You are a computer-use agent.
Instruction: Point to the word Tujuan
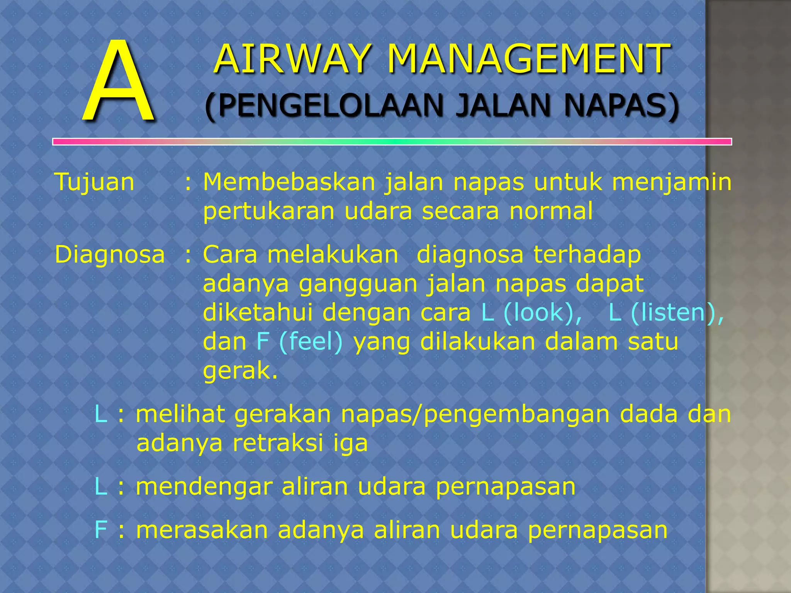pyautogui.click(x=95, y=182)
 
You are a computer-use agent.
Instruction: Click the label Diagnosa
pyautogui.click(x=110, y=255)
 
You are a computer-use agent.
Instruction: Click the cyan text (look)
pyautogui.click(x=543, y=312)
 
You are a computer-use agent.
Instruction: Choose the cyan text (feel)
pyautogui.click(x=311, y=342)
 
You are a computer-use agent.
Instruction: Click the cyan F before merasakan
pyautogui.click(x=100, y=530)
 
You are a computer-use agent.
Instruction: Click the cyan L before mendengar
pyautogui.click(x=101, y=487)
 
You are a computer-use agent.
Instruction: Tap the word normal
pyautogui.click(x=551, y=211)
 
